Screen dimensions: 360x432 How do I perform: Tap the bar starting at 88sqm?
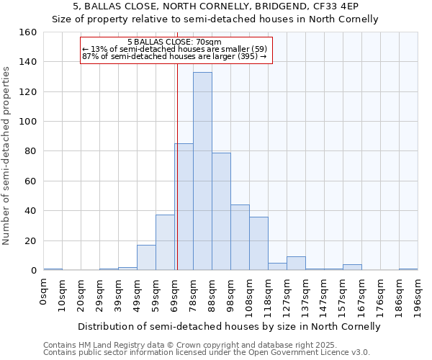tap(221, 212)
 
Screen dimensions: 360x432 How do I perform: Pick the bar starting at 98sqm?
tap(240, 238)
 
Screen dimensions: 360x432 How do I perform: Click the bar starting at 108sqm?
tap(258, 243)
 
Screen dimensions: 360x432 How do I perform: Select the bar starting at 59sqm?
tap(165, 243)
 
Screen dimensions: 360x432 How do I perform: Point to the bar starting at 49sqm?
tap(146, 258)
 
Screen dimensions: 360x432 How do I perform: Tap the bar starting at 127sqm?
tap(296, 264)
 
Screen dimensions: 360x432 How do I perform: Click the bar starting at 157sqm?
tap(352, 267)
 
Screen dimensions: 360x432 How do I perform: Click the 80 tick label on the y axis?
tap(30, 151)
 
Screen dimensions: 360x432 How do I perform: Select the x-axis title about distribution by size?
tap(229, 326)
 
